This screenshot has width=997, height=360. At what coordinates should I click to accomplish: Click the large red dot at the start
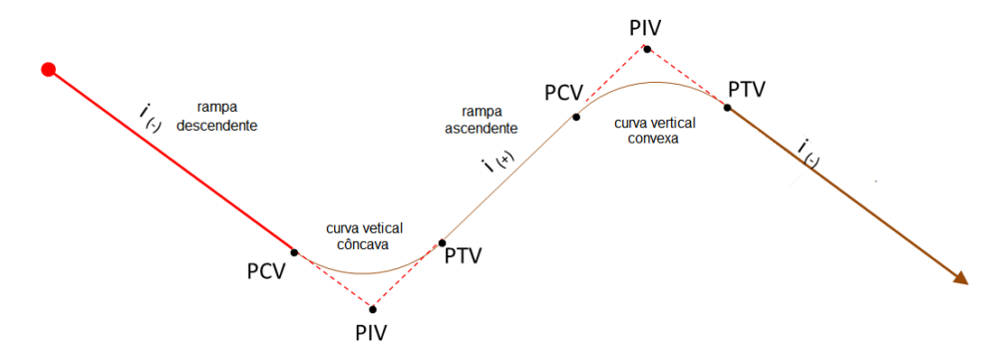[47, 69]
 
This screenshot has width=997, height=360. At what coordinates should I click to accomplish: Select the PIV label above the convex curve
[646, 27]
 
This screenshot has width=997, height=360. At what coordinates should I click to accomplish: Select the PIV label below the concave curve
[371, 331]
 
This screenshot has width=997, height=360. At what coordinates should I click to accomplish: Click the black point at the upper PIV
[647, 48]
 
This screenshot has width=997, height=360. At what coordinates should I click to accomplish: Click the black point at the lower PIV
[372, 307]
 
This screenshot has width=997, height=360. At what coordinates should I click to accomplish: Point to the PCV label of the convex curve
[562, 93]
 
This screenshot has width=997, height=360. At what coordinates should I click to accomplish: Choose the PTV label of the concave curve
[464, 256]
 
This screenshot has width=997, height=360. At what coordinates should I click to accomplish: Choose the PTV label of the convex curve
[747, 90]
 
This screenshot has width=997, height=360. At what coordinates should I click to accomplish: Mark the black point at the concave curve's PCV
[294, 252]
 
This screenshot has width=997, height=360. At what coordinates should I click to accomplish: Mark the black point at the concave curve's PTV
[441, 242]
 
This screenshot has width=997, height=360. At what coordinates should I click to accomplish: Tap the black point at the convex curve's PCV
[576, 117]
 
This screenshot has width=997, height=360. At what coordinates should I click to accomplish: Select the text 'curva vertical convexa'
[654, 131]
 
